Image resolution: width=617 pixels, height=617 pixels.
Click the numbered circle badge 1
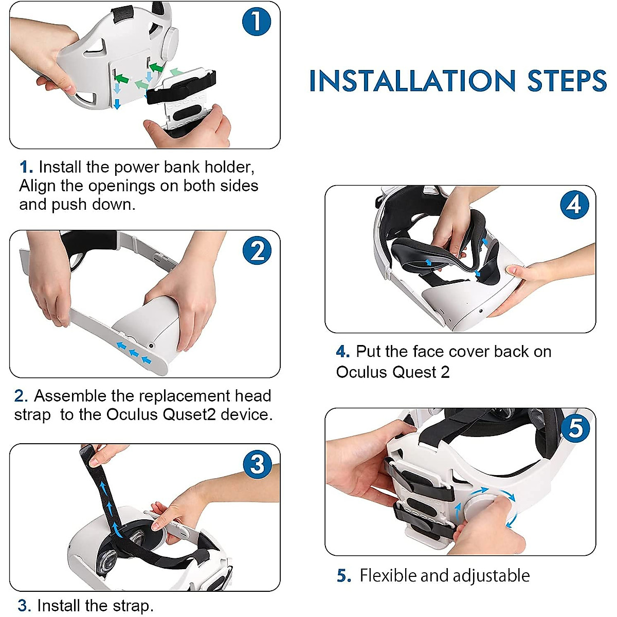pos(257,22)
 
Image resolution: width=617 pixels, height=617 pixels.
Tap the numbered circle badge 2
pos(257,250)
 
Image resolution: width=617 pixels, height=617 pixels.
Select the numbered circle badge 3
pos(257,464)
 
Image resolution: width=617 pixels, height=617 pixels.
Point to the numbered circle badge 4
pos(574,205)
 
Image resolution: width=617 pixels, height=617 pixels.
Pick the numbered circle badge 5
pos(575,428)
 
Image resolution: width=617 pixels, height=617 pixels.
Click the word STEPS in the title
pos(567,81)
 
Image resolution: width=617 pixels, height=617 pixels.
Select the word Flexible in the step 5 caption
pos(388,575)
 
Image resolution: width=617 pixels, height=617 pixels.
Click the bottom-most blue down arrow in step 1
pos(117,104)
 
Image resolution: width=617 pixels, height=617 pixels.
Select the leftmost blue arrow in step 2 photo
pos(121,346)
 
